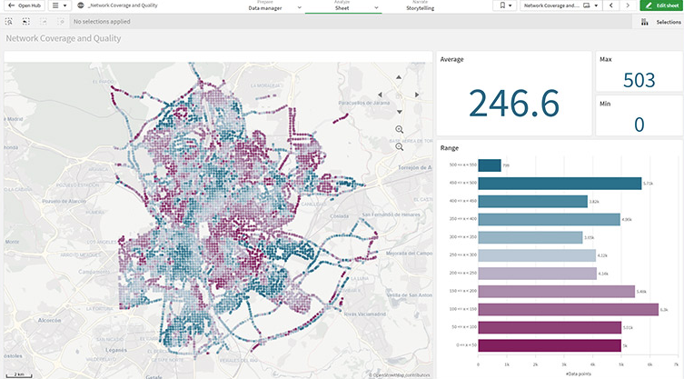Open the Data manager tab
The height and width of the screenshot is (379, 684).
click(x=266, y=7)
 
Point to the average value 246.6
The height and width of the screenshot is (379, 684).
click(x=513, y=103)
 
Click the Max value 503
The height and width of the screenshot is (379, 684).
click(x=639, y=80)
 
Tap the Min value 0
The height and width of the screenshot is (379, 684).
click(x=639, y=125)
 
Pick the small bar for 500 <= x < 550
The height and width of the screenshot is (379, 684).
click(x=490, y=165)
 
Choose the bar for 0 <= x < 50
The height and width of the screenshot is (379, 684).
click(x=549, y=345)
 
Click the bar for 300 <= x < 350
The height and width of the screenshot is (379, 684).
click(x=530, y=237)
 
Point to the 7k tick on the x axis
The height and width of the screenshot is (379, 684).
click(x=678, y=364)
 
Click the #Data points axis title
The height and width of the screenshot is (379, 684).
click(x=578, y=374)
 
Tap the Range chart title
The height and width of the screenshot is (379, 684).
click(x=450, y=147)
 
